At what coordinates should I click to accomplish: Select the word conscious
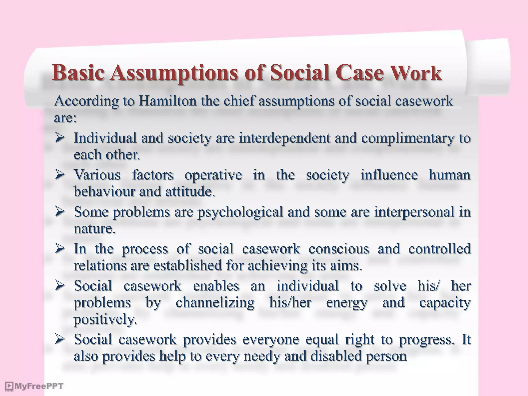[339, 249]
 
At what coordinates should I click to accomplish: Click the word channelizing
[215, 303]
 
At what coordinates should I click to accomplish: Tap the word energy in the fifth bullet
[346, 303]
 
